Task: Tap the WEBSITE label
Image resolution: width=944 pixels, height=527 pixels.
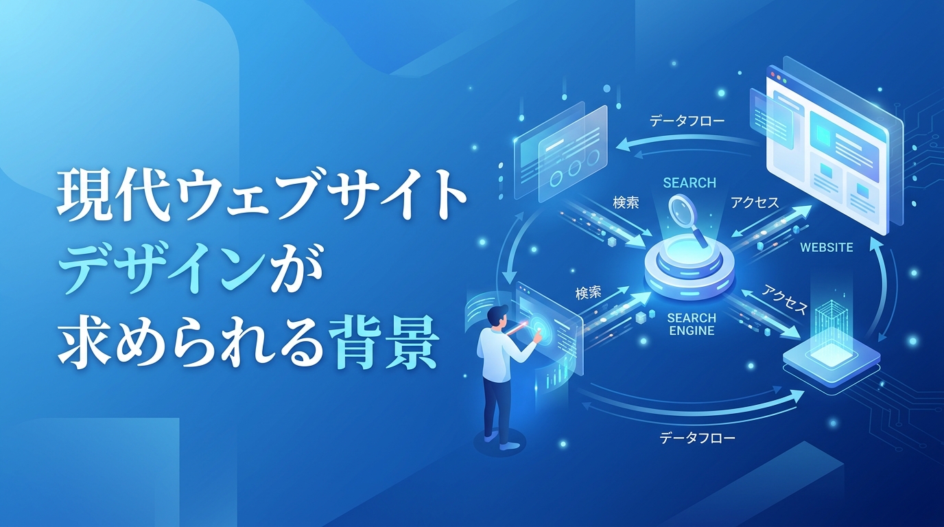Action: [827, 247]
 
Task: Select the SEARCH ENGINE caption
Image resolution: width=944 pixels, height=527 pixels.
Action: [691, 325]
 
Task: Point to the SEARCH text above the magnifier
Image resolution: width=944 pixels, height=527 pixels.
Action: [689, 183]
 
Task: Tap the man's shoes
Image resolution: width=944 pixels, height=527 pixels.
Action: [499, 441]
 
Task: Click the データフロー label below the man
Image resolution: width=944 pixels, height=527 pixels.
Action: [697, 437]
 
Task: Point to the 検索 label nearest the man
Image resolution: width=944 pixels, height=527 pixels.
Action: [589, 292]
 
